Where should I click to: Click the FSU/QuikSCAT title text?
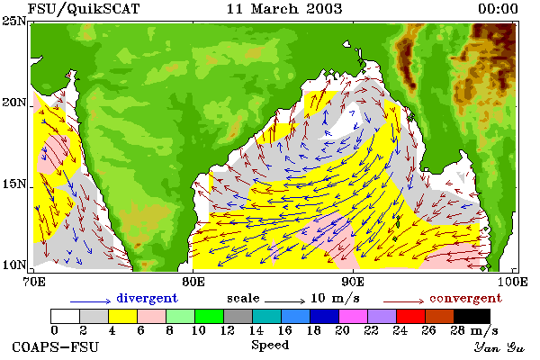84,9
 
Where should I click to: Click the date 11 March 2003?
284,9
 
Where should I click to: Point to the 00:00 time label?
498,9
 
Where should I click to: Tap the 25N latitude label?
14,22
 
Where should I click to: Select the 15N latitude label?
14,184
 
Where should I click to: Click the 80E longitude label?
193,282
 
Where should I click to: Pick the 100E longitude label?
512,282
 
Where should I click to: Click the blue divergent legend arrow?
91,301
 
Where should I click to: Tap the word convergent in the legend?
466,298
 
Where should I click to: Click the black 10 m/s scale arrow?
284,301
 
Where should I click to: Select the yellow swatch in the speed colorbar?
123,316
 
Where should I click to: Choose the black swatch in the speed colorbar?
472,316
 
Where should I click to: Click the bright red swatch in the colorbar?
411,316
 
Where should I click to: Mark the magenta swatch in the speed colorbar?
354,316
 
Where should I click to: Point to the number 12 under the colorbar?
228,330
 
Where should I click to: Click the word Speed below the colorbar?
270,346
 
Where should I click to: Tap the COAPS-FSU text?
56,346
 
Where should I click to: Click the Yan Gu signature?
499,346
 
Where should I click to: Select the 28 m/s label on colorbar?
474,330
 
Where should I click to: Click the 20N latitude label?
14,103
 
